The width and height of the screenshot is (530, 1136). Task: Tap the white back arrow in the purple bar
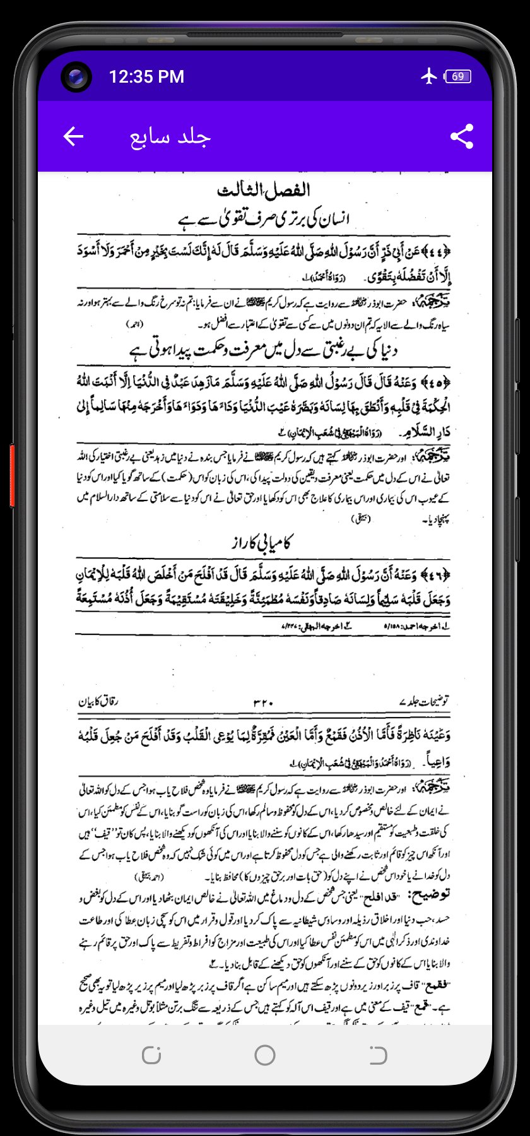click(74, 136)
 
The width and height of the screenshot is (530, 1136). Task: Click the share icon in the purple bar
click(462, 136)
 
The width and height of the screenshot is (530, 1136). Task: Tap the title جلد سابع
click(170, 137)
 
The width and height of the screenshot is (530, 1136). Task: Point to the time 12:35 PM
click(146, 77)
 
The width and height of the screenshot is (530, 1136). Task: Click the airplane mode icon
click(429, 76)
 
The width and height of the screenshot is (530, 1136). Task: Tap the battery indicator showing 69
click(458, 76)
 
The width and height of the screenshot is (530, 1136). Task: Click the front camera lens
click(76, 78)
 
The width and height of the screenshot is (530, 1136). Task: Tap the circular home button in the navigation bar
click(265, 1055)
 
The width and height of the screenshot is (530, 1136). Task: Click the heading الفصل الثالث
click(264, 190)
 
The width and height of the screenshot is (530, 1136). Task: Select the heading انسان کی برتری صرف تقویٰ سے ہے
click(264, 219)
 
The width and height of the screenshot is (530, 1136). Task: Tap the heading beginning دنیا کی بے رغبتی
click(264, 350)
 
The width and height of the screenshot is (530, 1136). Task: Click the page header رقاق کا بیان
click(98, 702)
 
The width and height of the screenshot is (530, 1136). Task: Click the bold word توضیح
click(429, 894)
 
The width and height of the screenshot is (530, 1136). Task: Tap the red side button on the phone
click(12, 475)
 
